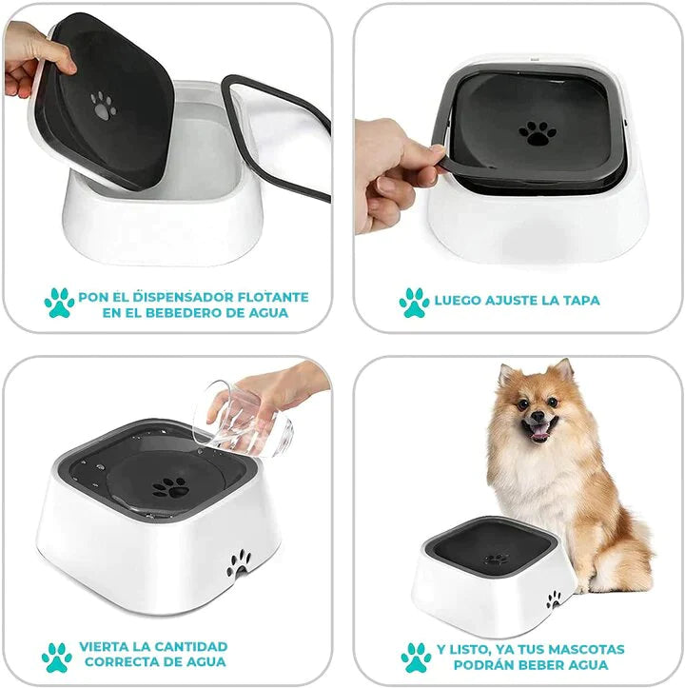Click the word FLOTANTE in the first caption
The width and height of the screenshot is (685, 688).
coord(273,297)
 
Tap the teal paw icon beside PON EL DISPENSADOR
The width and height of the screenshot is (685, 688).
coord(59,303)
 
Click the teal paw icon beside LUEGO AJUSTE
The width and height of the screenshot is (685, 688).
coord(414,303)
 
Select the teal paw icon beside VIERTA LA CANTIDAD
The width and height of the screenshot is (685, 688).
coord(57,658)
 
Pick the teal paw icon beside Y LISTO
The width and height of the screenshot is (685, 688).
coord(417,658)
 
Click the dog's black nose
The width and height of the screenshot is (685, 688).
coord(538,415)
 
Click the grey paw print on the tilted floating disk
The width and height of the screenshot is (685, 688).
coord(103,106)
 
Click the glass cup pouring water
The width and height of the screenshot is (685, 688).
coord(242,420)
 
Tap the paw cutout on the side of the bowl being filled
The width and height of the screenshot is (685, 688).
coord(238,563)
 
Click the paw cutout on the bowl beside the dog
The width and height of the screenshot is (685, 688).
coord(554,600)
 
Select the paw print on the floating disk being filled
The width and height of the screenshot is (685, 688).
coord(170,487)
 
